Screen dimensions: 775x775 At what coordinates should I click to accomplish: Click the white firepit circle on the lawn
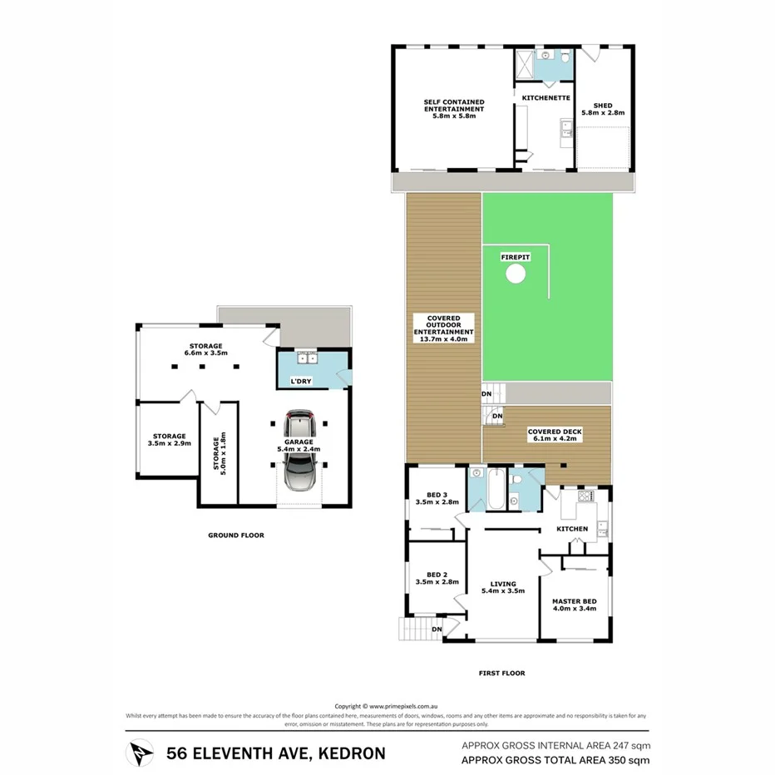pyautogui.click(x=516, y=274)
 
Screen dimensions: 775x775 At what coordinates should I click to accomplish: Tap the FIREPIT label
pyautogui.click(x=516, y=258)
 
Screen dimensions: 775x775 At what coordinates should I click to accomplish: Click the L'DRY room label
pyautogui.click(x=301, y=380)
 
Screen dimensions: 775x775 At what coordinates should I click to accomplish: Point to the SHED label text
pyautogui.click(x=603, y=106)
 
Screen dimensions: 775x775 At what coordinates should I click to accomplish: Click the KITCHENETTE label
pyautogui.click(x=545, y=97)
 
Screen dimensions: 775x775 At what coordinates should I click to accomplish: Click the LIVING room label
pyautogui.click(x=503, y=584)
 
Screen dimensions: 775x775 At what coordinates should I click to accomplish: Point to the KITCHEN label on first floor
pyautogui.click(x=572, y=529)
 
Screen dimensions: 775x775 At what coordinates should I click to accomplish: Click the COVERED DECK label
pyautogui.click(x=555, y=432)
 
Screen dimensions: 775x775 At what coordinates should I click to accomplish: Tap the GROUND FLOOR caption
pyautogui.click(x=236, y=536)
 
